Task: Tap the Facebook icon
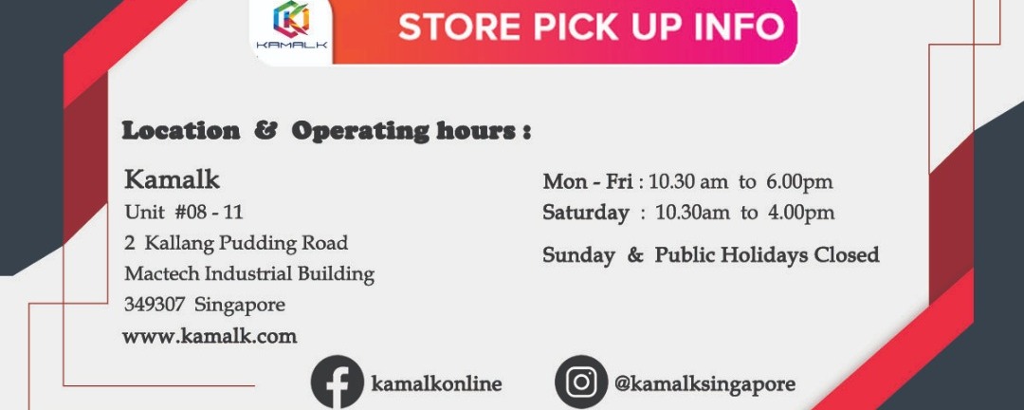337,382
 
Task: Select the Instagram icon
581,382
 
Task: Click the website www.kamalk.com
210,337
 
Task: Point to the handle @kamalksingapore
704,383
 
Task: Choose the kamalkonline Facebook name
436,383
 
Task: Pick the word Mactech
162,273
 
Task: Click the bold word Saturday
586,214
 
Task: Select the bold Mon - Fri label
588,181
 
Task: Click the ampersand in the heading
265,131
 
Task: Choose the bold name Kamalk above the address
172,179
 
